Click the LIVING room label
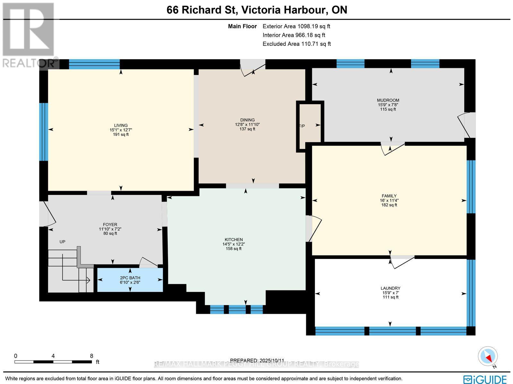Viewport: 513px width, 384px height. coord(121,125)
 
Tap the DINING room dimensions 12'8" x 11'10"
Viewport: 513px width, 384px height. coord(247,124)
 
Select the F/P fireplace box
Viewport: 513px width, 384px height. coord(310,126)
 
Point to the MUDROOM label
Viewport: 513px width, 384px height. coord(388,100)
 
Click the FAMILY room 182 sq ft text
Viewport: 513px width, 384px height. coord(389,205)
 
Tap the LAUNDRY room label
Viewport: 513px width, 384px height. coord(390,288)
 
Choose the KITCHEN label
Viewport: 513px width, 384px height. coord(233,239)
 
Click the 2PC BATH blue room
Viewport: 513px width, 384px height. coord(130,280)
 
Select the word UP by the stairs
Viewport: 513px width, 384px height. coord(62,242)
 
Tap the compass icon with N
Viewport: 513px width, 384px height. coord(488,356)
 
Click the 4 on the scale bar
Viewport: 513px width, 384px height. coord(53,356)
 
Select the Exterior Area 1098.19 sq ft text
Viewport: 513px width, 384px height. coord(296,27)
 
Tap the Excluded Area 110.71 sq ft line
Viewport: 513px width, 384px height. coord(296,44)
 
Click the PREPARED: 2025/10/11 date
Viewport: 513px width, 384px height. coord(257,361)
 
